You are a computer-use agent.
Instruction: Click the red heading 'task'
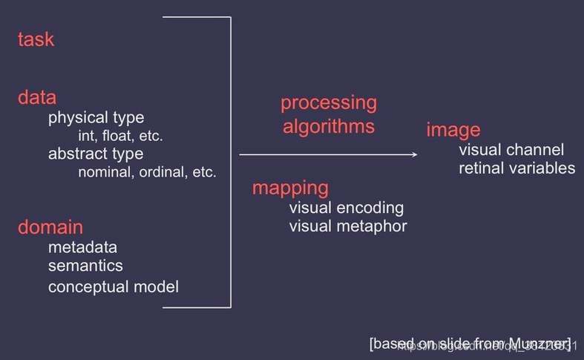click(36, 39)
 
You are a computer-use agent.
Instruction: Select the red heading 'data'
click(36, 97)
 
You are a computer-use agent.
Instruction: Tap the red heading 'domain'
click(50, 227)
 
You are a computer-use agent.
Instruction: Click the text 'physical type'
click(96, 117)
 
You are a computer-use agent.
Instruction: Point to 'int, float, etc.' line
click(120, 136)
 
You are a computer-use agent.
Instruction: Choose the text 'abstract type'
click(96, 154)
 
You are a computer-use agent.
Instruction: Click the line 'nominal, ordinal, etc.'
click(147, 172)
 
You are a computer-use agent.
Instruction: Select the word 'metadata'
click(82, 247)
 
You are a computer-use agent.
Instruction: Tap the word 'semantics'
click(85, 265)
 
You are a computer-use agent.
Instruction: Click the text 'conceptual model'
click(114, 287)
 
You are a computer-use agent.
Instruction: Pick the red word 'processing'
click(328, 102)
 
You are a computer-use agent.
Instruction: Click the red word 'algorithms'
click(328, 126)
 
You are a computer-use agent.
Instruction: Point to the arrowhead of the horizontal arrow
click(414, 154)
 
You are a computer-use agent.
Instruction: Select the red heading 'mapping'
click(290, 188)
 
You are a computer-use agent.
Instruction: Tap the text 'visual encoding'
click(347, 207)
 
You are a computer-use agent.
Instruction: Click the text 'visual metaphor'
click(348, 226)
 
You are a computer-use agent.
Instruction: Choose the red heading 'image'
click(453, 131)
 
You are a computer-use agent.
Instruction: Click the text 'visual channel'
click(511, 150)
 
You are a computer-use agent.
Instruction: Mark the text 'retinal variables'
click(516, 168)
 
